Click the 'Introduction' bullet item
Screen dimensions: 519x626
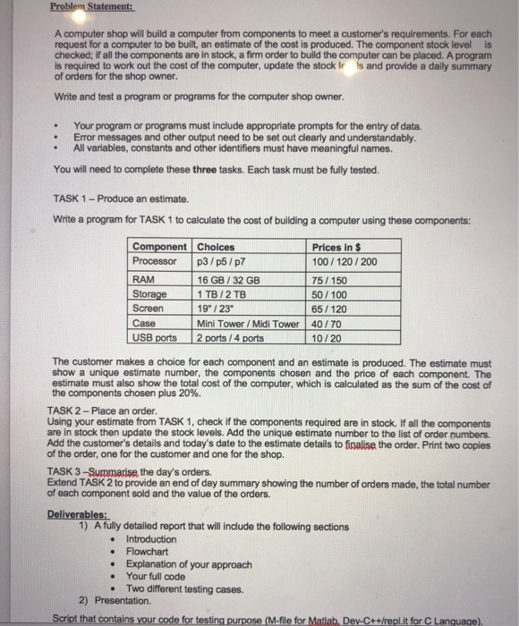(x=151, y=539)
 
